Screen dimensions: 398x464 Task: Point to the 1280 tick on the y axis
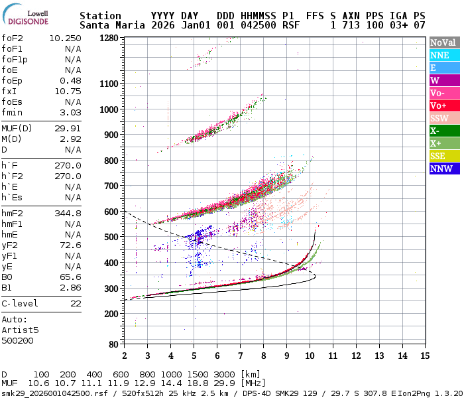point(109,38)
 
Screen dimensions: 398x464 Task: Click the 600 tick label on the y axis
point(110,212)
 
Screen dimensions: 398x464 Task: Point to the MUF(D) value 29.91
point(68,128)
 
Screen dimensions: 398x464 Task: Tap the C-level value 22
point(76,303)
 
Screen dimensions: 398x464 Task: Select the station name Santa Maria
point(110,25)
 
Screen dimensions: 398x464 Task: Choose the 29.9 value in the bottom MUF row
point(223,383)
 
